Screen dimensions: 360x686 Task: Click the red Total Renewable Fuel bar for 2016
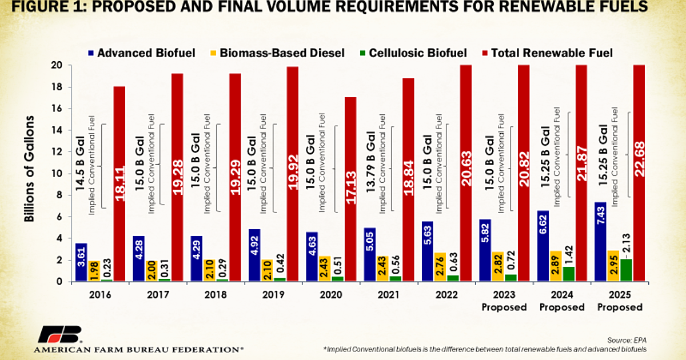119,183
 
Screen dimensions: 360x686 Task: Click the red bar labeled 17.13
350,189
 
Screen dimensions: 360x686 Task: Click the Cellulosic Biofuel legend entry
412,53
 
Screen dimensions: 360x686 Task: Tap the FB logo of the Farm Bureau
59,334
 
